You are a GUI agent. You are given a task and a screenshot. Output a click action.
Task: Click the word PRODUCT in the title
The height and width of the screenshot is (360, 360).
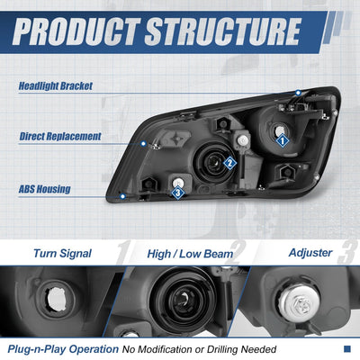pos(76,31)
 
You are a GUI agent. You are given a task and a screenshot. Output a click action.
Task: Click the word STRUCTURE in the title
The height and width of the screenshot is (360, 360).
pos(223,31)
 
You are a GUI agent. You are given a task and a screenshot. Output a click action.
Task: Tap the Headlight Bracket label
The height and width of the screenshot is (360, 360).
pos(56,86)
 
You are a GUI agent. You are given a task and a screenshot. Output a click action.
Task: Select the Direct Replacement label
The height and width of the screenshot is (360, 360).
pos(60,137)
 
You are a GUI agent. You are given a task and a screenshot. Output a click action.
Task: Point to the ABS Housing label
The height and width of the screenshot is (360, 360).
pos(45,189)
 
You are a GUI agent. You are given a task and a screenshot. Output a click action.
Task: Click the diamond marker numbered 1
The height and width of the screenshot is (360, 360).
pos(282,140)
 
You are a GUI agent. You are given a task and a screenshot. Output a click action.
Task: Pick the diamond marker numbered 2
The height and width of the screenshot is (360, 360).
pos(230,163)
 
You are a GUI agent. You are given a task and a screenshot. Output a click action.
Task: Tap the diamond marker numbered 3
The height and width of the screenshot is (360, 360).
pos(178,193)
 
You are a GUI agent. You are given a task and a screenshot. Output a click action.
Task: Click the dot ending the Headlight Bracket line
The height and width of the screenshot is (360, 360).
pos(298,93)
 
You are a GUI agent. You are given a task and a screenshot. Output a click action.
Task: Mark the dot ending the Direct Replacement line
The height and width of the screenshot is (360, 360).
pos(143,144)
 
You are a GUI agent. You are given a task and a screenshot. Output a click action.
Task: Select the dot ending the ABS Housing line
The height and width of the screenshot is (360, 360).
pos(122,196)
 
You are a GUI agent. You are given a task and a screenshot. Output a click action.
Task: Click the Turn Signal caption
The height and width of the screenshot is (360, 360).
pos(62,254)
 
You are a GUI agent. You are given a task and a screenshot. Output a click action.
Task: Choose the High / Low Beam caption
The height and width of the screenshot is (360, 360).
pos(190,254)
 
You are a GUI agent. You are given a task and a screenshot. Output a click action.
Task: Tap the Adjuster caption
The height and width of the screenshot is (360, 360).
pos(310,253)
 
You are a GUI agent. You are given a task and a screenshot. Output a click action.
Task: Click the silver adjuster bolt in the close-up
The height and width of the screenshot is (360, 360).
pos(299,303)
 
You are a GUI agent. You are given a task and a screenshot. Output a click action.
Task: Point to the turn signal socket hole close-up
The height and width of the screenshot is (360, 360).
pos(57,299)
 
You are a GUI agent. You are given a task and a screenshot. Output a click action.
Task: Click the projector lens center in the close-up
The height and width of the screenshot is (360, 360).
pos(184,299)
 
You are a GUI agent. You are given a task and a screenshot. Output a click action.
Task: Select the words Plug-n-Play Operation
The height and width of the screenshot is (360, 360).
pos(63,349)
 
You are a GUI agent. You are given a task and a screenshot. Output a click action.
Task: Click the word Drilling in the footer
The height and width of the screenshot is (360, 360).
pos(223,349)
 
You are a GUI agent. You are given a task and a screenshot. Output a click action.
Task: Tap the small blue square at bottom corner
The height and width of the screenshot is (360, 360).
pos(347,348)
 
